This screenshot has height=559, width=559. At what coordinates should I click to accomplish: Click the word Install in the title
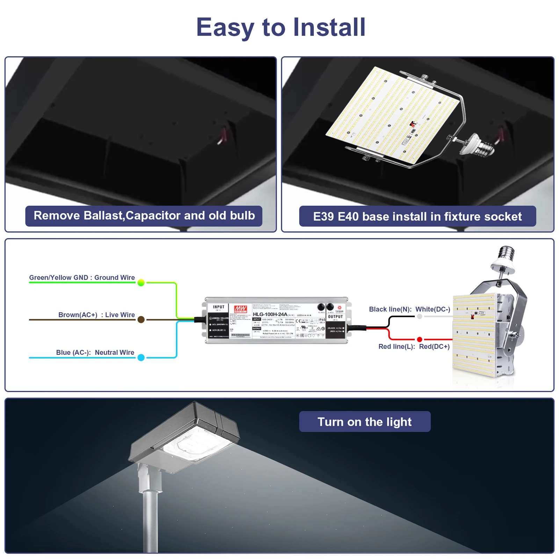coord(329,27)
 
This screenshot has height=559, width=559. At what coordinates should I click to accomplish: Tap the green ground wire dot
coord(141,283)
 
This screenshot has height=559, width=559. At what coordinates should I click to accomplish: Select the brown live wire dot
coord(141,320)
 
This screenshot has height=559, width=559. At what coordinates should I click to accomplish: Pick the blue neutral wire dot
coord(141,357)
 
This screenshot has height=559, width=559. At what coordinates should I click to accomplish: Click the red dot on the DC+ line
coord(420,340)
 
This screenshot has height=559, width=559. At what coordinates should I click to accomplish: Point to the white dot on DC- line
coord(420,317)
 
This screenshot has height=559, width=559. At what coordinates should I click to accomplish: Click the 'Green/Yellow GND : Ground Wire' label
coord(82,277)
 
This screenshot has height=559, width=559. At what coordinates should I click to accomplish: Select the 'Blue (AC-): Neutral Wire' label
coord(95,353)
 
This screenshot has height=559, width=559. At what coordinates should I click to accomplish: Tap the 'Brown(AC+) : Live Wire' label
coord(96,315)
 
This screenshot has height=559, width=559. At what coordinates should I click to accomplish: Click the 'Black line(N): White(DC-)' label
coord(409,309)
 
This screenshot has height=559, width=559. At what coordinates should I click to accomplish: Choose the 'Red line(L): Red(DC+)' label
coord(414,347)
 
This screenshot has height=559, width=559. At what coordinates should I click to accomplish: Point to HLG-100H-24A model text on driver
coord(270,314)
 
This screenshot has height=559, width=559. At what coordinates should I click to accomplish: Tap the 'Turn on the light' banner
coord(365,422)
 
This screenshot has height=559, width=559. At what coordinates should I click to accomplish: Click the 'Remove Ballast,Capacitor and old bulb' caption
coord(144,216)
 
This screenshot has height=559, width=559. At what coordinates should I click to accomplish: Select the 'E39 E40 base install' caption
coord(418,217)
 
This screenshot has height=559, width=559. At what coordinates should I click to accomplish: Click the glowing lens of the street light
coord(196,444)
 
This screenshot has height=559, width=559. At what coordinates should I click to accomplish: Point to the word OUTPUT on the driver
coord(335,317)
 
